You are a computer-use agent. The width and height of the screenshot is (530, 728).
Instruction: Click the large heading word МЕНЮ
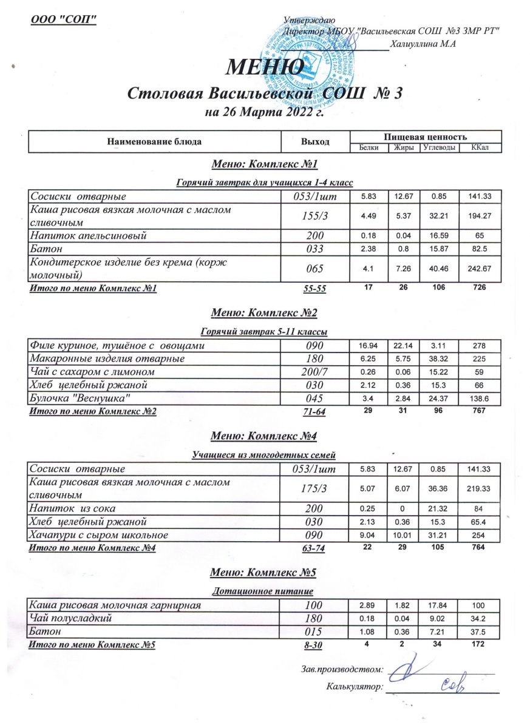tap(265, 66)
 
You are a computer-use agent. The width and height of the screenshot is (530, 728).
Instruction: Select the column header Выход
tap(315, 142)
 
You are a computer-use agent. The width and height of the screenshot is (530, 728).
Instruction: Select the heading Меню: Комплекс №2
tap(264, 313)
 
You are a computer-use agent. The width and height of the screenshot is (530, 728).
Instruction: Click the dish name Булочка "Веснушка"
tap(81, 398)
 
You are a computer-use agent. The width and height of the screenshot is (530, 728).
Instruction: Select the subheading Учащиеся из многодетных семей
tap(264, 454)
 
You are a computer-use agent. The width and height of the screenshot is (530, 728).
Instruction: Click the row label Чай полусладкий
tap(72, 618)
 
